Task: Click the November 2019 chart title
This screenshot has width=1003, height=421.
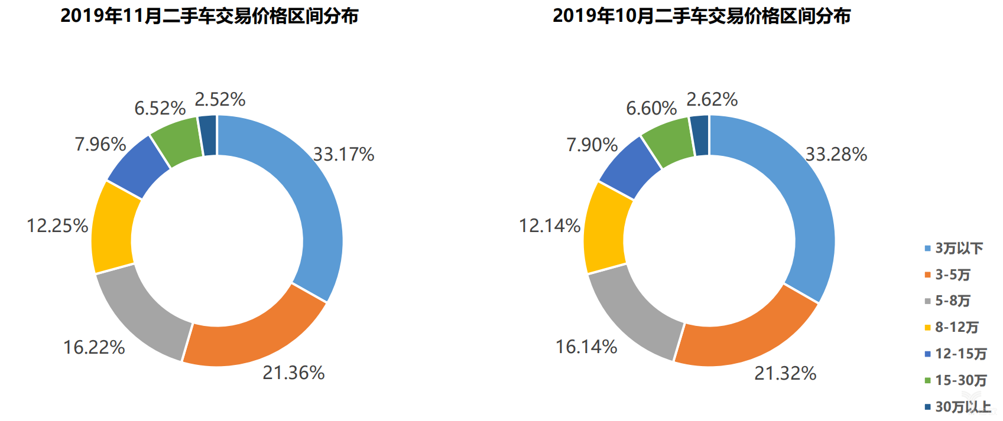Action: pos(209,16)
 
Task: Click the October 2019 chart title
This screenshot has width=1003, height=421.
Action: pos(702,16)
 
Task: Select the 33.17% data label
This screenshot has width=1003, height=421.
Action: pos(343,155)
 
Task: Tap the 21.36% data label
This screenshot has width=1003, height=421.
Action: pos(294,373)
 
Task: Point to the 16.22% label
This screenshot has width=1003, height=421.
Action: pos(94,347)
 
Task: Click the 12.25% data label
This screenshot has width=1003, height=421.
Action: pos(57,226)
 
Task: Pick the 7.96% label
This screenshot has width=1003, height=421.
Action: pos(100,145)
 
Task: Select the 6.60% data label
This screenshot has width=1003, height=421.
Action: pos(651,109)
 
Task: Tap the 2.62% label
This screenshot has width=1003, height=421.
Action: pos(712,99)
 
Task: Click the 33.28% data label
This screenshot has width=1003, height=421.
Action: pos(836,155)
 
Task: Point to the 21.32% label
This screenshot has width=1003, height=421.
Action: pos(785,373)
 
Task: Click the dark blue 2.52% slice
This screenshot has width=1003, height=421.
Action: pos(207,135)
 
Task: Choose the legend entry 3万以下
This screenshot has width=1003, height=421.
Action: pos(958,249)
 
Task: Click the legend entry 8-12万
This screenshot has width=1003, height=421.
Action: pos(956,328)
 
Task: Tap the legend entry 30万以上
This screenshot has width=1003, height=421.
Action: pos(962,407)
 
